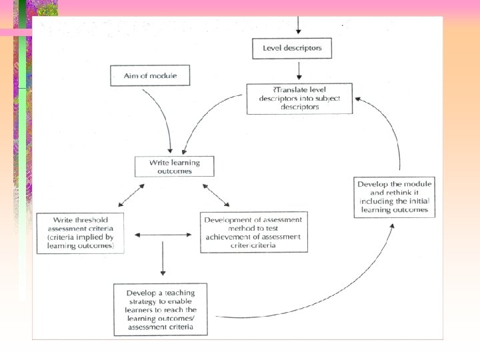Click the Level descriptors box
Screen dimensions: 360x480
[291, 48]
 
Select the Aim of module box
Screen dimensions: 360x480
[150, 75]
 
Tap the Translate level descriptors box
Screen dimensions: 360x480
[299, 98]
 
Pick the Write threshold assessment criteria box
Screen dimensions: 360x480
[79, 233]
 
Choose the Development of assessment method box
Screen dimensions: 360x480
[254, 232]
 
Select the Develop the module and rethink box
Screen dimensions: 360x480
[395, 197]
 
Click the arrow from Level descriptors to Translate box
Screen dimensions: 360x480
[299, 69]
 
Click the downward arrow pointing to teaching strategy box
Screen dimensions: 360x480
[162, 259]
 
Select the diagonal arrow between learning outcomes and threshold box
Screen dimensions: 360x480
[131, 194]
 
